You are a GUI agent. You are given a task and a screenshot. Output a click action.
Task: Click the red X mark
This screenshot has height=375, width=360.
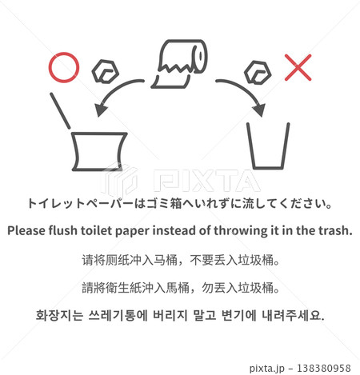[x=298, y=67]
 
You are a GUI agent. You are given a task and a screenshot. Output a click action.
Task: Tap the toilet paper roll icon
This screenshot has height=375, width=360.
[x=179, y=64]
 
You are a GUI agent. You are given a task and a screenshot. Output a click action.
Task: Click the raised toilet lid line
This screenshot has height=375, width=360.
[x=60, y=111]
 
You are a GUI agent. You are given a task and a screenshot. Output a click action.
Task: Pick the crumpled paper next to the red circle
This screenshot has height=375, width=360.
[x=105, y=71]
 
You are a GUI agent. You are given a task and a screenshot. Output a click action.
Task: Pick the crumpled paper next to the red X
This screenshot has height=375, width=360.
[x=258, y=73]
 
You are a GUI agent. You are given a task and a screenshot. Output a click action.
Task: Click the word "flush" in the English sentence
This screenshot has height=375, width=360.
[x=62, y=230]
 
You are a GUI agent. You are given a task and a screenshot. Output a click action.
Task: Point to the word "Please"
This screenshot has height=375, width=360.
[x=26, y=230]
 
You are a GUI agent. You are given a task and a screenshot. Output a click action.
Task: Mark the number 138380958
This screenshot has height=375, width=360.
[x=324, y=369]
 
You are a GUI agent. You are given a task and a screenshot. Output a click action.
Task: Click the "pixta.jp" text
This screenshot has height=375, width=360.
[x=267, y=369]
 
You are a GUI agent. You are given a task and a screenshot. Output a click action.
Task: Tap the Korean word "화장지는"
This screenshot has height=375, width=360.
[x=59, y=315]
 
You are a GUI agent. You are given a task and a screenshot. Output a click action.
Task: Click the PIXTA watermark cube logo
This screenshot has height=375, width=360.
[x=119, y=179]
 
